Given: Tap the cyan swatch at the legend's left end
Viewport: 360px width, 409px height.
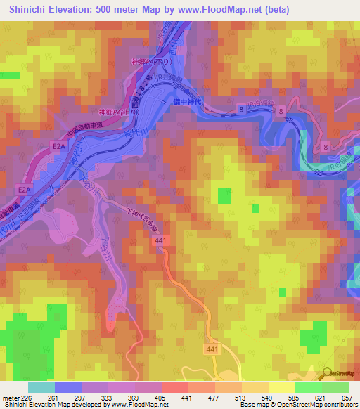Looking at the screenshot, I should [41, 387].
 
